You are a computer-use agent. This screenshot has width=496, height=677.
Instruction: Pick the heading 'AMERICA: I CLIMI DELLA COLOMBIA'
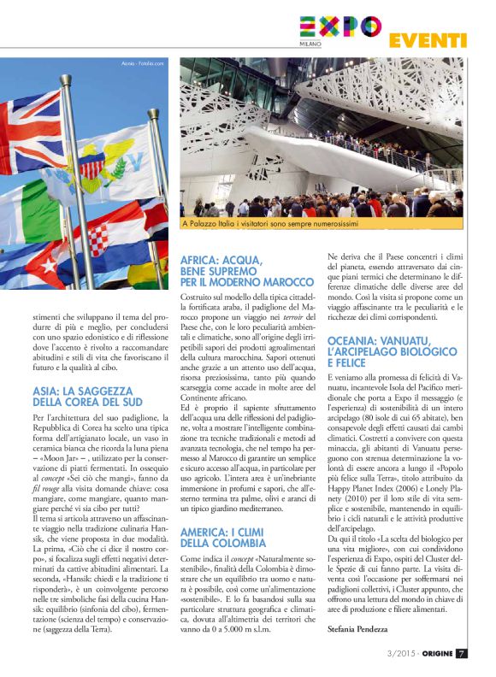(235, 538)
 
